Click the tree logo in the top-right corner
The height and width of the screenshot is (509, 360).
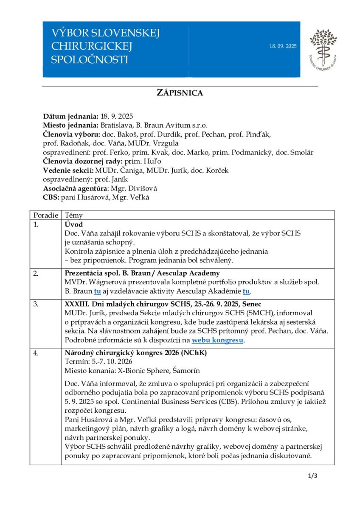tap(323, 49)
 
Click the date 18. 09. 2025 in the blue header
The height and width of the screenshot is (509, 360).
tap(283, 46)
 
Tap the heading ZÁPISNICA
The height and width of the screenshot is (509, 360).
tap(180, 93)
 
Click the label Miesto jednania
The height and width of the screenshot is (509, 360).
tap(70, 125)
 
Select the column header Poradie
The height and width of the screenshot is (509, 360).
tap(45, 215)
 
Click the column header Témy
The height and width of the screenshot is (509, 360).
tap(74, 215)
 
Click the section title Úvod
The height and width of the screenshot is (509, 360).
tap(74, 224)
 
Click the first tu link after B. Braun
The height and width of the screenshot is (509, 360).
tap(97, 291)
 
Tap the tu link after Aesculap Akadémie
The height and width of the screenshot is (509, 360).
tap(246, 291)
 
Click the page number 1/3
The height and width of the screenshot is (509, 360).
tap(313, 475)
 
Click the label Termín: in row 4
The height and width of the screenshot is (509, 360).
tap(76, 361)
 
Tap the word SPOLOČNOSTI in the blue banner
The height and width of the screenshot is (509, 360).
tap(89, 59)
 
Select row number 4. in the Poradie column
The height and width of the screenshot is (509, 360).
tap(36, 352)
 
